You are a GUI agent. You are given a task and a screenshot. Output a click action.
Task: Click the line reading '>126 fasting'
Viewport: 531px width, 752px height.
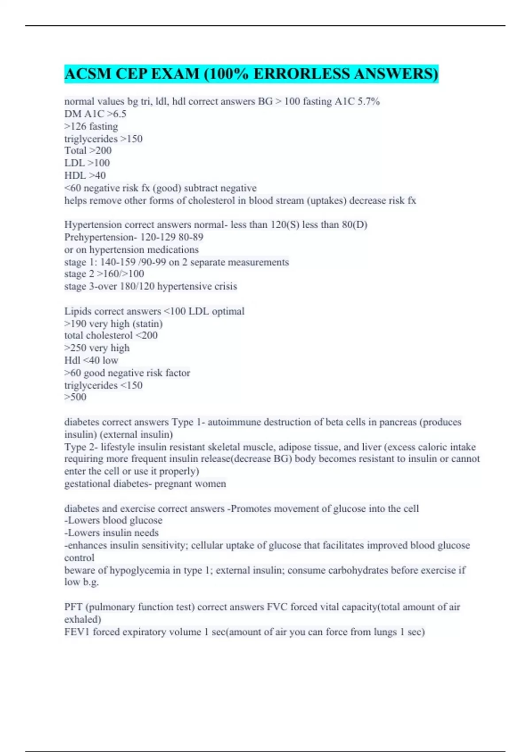[91, 127]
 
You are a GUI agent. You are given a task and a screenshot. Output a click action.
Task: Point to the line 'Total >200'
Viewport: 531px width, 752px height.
[88, 150]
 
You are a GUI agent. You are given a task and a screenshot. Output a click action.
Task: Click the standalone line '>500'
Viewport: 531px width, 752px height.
[75, 397]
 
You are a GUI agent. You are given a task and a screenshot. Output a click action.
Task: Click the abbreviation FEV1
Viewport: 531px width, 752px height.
[77, 632]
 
